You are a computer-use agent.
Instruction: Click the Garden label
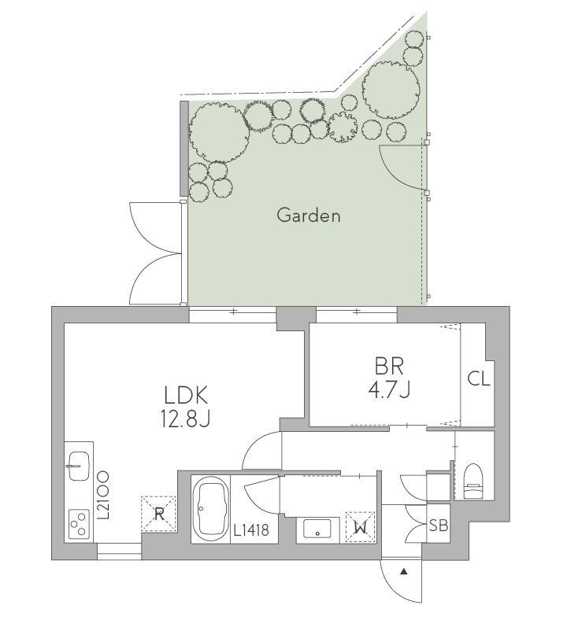[x=309, y=216]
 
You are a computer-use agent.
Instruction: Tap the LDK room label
[x=186, y=396]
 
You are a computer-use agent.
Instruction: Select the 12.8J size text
[x=186, y=419]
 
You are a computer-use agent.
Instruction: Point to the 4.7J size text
[x=389, y=389]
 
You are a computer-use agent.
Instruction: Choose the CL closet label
[x=479, y=378]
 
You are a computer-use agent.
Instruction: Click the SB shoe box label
[x=439, y=525]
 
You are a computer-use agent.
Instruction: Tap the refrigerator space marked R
[x=159, y=514]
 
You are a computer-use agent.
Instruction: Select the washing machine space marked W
[x=361, y=527]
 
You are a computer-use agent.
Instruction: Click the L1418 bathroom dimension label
[x=251, y=530]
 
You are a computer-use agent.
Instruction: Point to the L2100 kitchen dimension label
[x=104, y=495]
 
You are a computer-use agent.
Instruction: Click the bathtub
[x=210, y=509]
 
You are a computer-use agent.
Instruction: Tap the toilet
[x=473, y=481]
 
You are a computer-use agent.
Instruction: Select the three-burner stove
[x=79, y=523]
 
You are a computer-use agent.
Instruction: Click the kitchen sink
[x=79, y=466]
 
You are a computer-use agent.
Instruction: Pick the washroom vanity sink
[x=317, y=529]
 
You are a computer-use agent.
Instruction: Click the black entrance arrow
[x=404, y=572]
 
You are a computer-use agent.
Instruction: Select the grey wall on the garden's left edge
[x=184, y=149]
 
